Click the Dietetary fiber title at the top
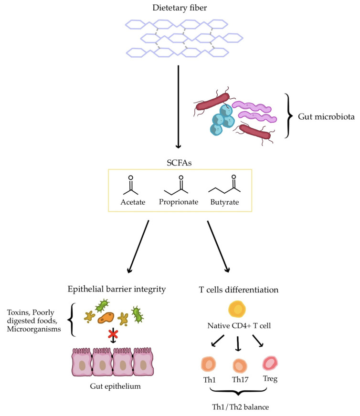click(180, 8)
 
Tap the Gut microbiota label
click(326, 116)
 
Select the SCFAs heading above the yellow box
click(179, 163)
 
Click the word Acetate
click(133, 202)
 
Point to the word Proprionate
click(179, 202)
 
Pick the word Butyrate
click(224, 202)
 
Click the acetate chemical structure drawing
click(131, 185)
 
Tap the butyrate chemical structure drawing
click(224, 184)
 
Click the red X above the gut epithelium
click(113, 334)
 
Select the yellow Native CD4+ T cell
click(237, 309)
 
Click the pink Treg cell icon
click(270, 363)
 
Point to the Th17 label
click(240, 380)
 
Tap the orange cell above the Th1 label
click(208, 364)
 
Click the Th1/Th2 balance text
click(241, 407)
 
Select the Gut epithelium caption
click(115, 386)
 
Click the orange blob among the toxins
click(106, 318)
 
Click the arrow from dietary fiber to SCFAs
click(179, 107)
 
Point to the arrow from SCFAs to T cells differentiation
click(218, 247)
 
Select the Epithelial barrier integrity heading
click(117, 289)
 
